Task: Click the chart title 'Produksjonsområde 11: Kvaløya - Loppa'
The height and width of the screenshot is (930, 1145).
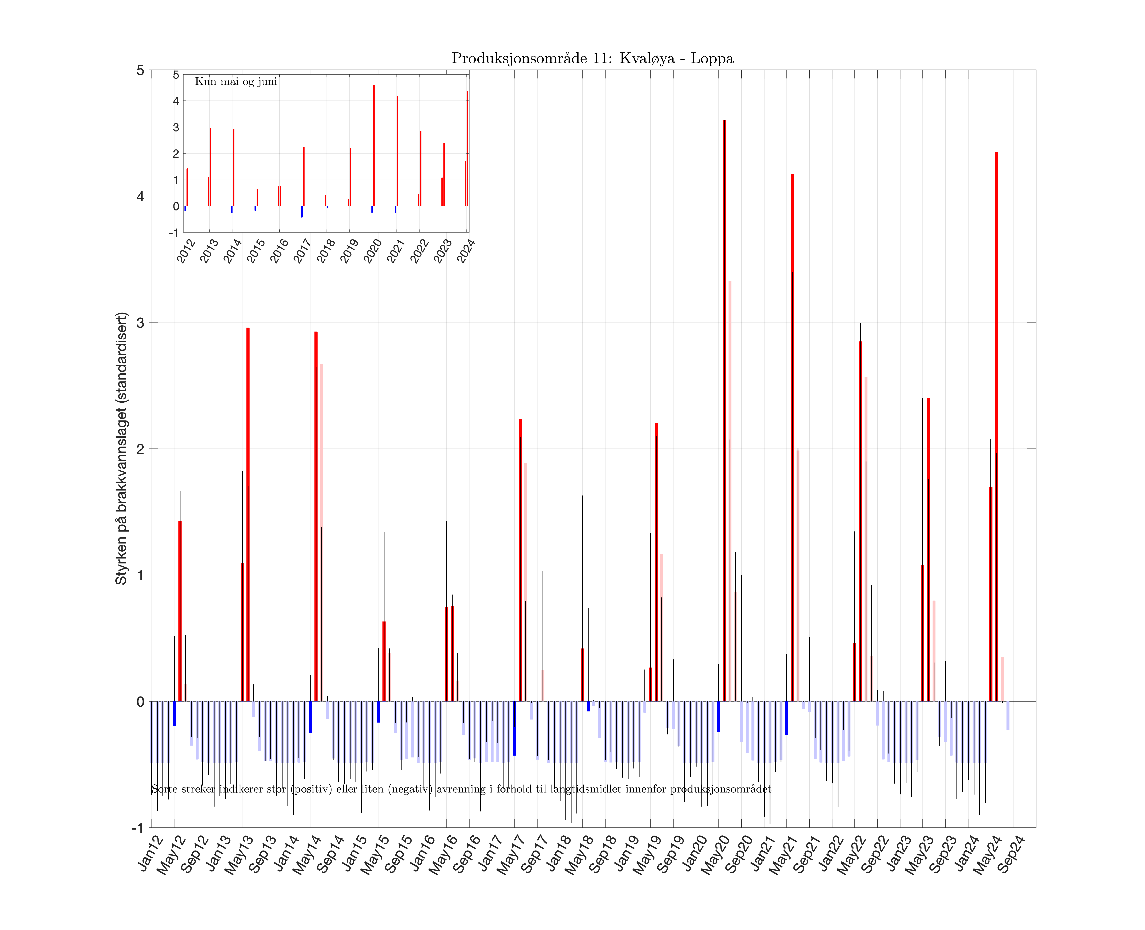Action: (x=592, y=58)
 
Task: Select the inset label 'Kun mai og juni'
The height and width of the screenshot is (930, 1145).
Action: (x=236, y=81)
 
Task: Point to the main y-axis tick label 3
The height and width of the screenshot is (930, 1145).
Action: (x=140, y=322)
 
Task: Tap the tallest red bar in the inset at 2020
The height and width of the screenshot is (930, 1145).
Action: (x=374, y=145)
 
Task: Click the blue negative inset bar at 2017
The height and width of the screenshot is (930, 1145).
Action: (x=302, y=212)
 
